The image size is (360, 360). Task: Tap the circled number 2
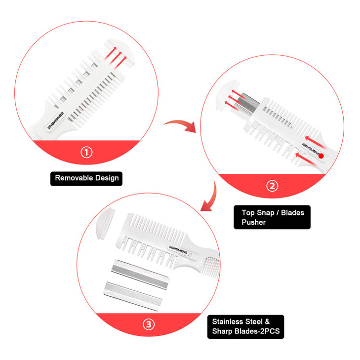(x=272, y=186)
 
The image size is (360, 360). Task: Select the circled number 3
(x=149, y=324)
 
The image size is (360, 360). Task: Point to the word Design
(x=108, y=177)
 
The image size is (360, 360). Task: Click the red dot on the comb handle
(x=320, y=156)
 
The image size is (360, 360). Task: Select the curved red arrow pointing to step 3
(x=209, y=198)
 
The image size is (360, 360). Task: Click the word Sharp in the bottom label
(x=223, y=331)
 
